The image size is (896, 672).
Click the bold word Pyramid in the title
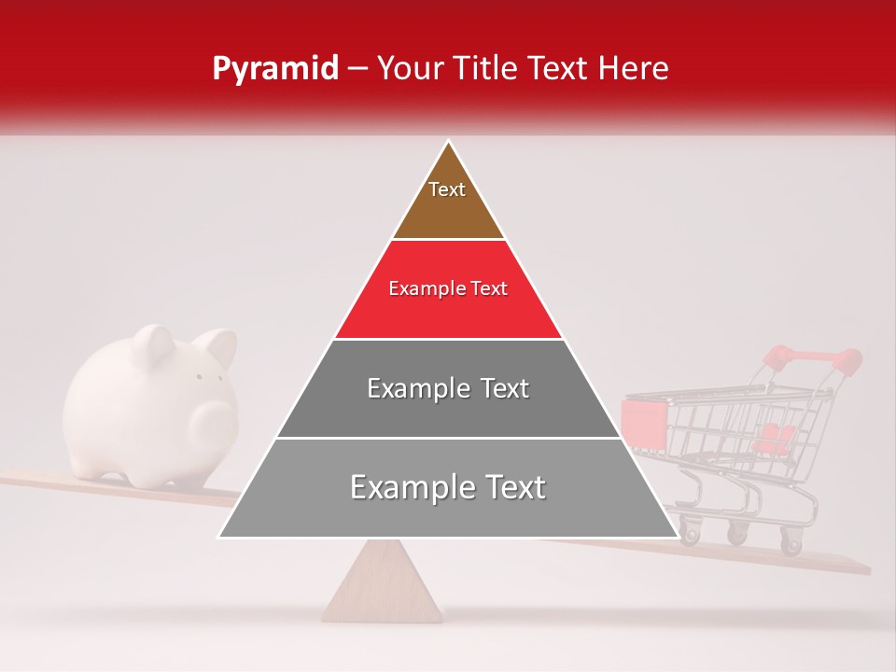point(274,69)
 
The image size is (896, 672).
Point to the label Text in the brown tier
point(447,189)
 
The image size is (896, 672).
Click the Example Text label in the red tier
point(448,289)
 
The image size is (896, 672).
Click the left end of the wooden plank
point(14,479)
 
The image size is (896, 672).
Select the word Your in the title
point(407,69)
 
